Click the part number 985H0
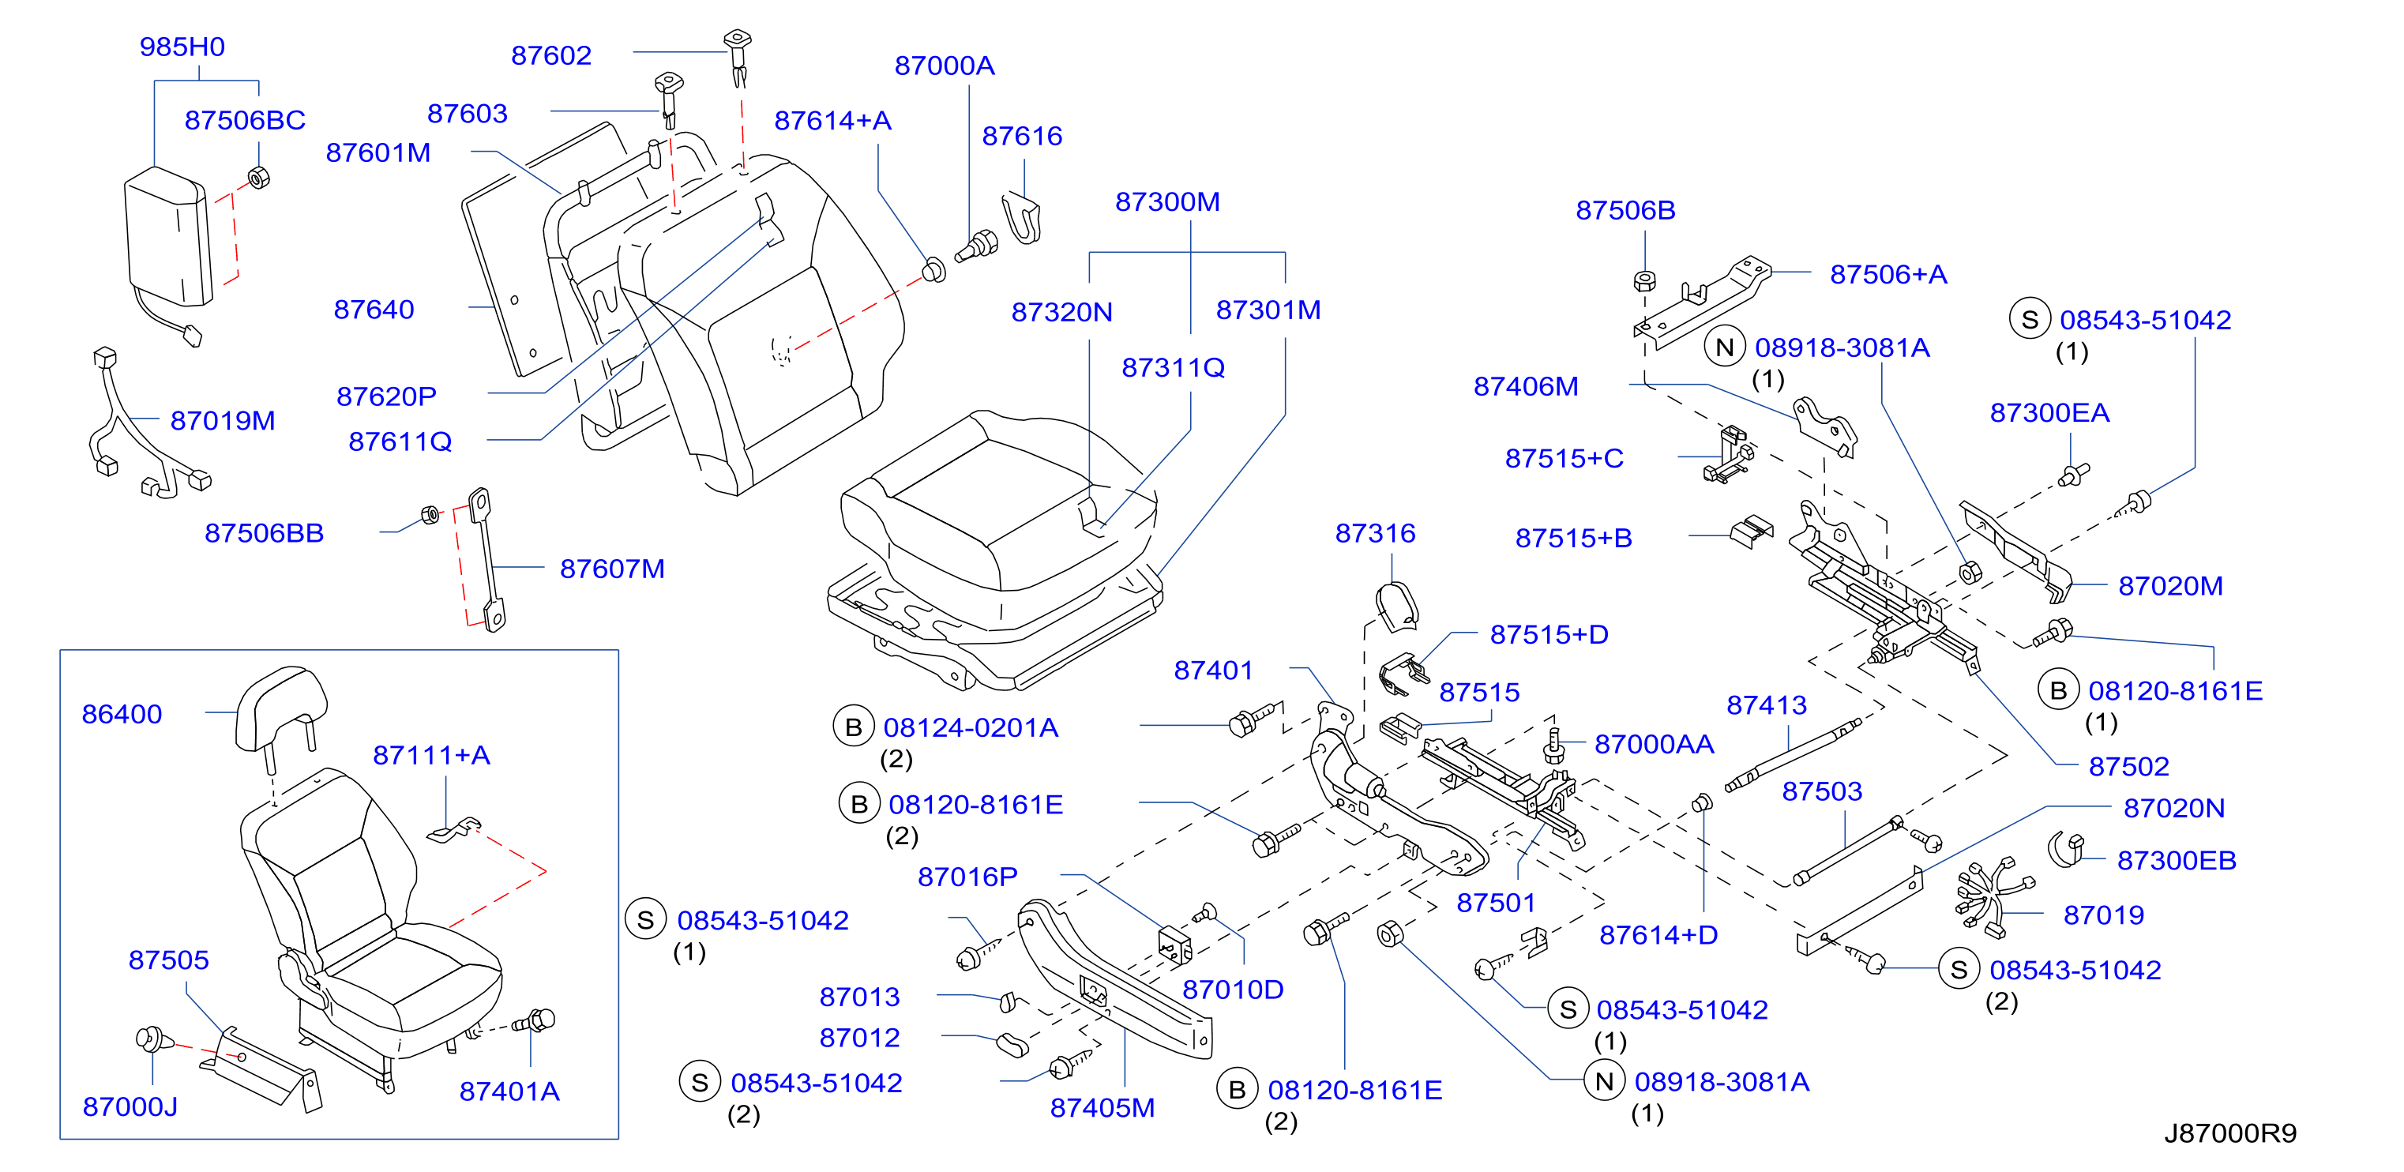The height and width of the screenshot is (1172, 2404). [x=182, y=47]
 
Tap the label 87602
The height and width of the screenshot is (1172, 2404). [x=551, y=55]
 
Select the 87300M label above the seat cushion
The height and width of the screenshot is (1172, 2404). [x=1167, y=201]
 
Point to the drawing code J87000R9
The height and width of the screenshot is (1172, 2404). [x=2230, y=1133]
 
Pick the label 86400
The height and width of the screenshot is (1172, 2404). [x=122, y=714]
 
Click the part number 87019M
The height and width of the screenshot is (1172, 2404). [x=223, y=421]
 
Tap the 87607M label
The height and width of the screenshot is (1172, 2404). [x=612, y=569]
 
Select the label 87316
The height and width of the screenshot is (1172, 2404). [x=1376, y=533]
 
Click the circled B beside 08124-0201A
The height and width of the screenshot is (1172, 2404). [x=854, y=727]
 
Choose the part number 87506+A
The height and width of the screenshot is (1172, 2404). [x=1889, y=274]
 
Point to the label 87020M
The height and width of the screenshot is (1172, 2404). [x=2171, y=586]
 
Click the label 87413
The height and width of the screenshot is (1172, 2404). [x=1767, y=704]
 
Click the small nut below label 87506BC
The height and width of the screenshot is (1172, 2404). [x=258, y=176]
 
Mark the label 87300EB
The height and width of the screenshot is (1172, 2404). [x=2177, y=860]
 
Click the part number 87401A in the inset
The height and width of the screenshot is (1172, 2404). [x=509, y=1091]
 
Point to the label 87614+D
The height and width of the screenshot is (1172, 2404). [x=1658, y=935]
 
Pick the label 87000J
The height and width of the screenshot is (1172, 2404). [x=130, y=1106]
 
